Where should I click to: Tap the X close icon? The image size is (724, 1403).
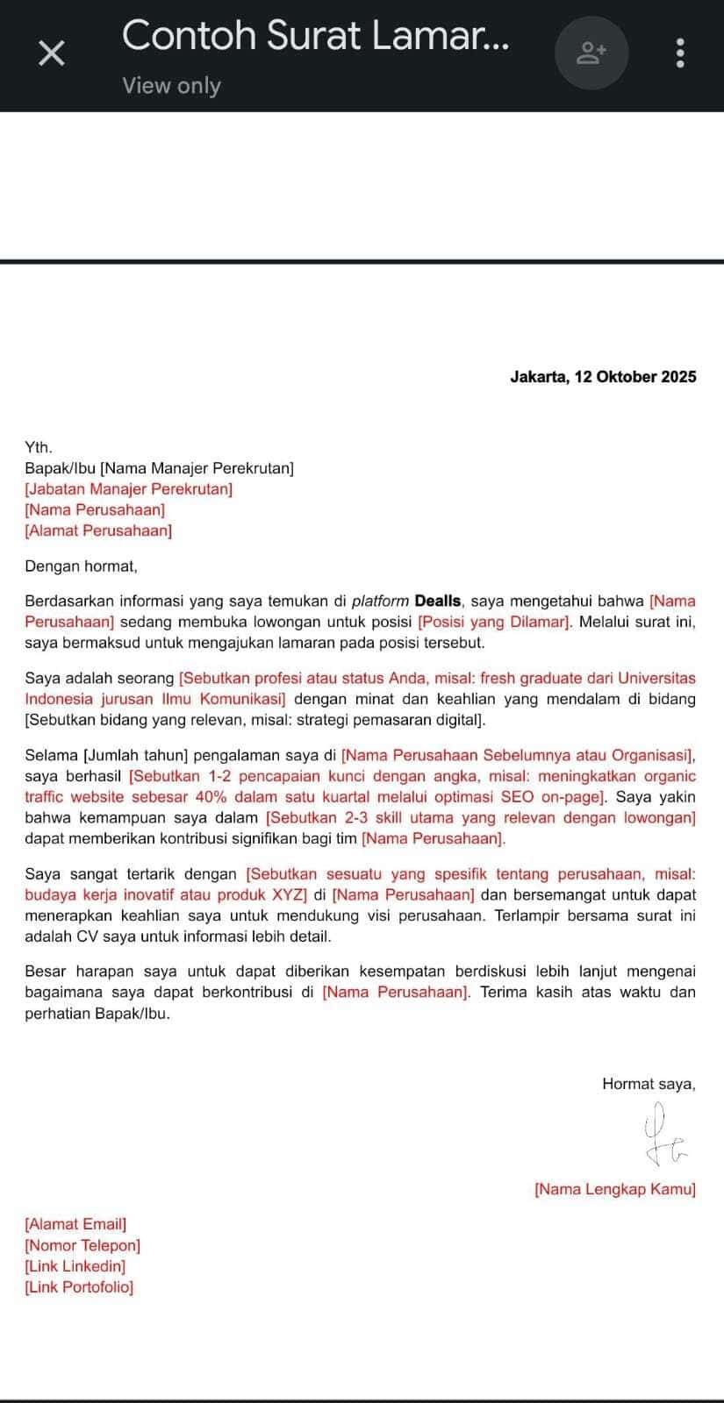click(52, 53)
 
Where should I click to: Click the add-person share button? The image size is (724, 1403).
click(591, 53)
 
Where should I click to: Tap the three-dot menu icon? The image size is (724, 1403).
click(680, 53)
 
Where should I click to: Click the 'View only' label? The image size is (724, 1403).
click(171, 86)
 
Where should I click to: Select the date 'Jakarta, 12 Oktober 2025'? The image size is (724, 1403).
click(603, 377)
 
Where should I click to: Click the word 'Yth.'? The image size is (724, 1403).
click(39, 447)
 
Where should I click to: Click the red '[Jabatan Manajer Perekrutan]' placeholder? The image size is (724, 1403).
click(129, 489)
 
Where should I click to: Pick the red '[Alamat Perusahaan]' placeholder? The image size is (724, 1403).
click(98, 531)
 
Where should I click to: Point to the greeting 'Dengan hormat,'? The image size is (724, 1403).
click(81, 566)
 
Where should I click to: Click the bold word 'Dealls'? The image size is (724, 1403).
click(438, 602)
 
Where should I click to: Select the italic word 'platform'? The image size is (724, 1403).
click(380, 602)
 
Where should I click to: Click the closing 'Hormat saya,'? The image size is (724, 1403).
click(649, 1084)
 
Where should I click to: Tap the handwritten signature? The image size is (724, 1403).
click(663, 1137)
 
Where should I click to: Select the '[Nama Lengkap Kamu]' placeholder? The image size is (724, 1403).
click(614, 1190)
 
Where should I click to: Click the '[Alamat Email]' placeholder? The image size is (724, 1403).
click(75, 1224)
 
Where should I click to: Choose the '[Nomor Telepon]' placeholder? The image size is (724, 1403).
click(82, 1245)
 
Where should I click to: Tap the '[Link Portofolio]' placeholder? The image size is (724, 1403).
click(79, 1287)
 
